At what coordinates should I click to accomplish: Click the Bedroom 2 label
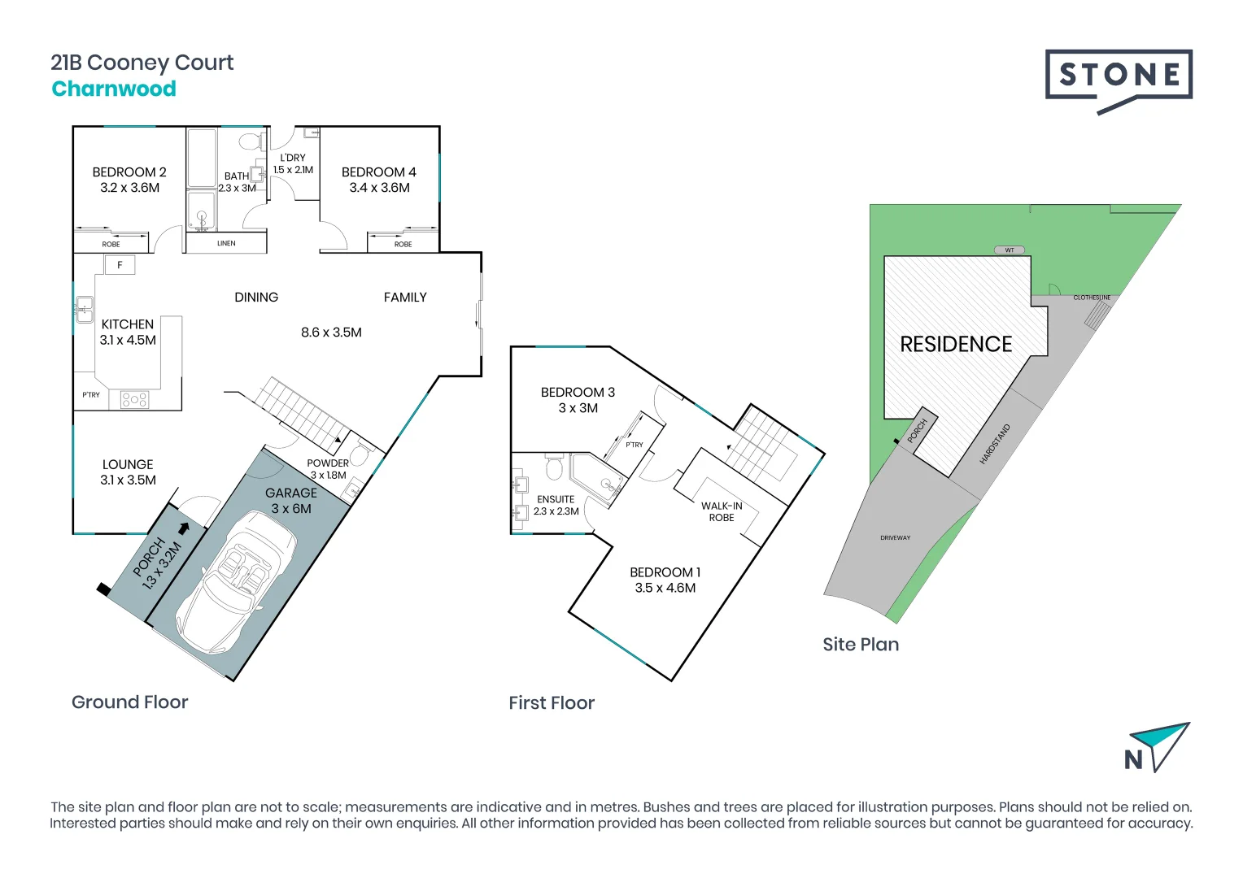(129, 172)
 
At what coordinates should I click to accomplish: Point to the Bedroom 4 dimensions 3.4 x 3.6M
(379, 188)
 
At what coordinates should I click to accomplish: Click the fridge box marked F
(120, 265)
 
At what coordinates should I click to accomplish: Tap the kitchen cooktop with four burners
(134, 399)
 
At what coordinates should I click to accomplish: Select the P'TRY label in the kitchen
(91, 395)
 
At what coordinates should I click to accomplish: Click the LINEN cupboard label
(226, 243)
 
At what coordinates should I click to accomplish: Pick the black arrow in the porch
(184, 528)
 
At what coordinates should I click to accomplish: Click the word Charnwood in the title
(114, 89)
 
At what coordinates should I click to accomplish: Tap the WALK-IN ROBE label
(722, 511)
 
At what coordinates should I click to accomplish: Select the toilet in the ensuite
(554, 468)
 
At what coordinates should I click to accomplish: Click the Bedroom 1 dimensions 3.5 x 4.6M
(665, 588)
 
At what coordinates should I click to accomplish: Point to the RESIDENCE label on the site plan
(956, 344)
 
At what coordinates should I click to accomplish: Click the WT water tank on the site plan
(1010, 250)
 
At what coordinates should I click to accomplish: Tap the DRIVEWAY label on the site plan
(895, 538)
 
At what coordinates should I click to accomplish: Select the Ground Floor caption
(129, 702)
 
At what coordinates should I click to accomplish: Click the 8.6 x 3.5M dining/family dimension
(331, 333)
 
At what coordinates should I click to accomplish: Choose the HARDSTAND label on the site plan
(995, 444)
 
